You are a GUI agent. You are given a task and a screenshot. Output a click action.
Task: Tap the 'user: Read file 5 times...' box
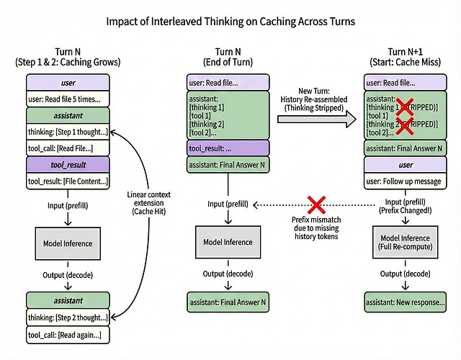[x=63, y=99]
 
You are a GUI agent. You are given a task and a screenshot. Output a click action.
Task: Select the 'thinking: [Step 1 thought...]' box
[x=63, y=132]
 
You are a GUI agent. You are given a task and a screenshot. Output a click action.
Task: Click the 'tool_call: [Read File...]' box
[x=63, y=148]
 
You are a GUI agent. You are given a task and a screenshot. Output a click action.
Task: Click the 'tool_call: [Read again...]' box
[x=63, y=335]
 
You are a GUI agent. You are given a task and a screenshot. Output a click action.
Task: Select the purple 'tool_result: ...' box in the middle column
[x=228, y=148]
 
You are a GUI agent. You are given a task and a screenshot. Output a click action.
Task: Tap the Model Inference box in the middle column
[x=228, y=242]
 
